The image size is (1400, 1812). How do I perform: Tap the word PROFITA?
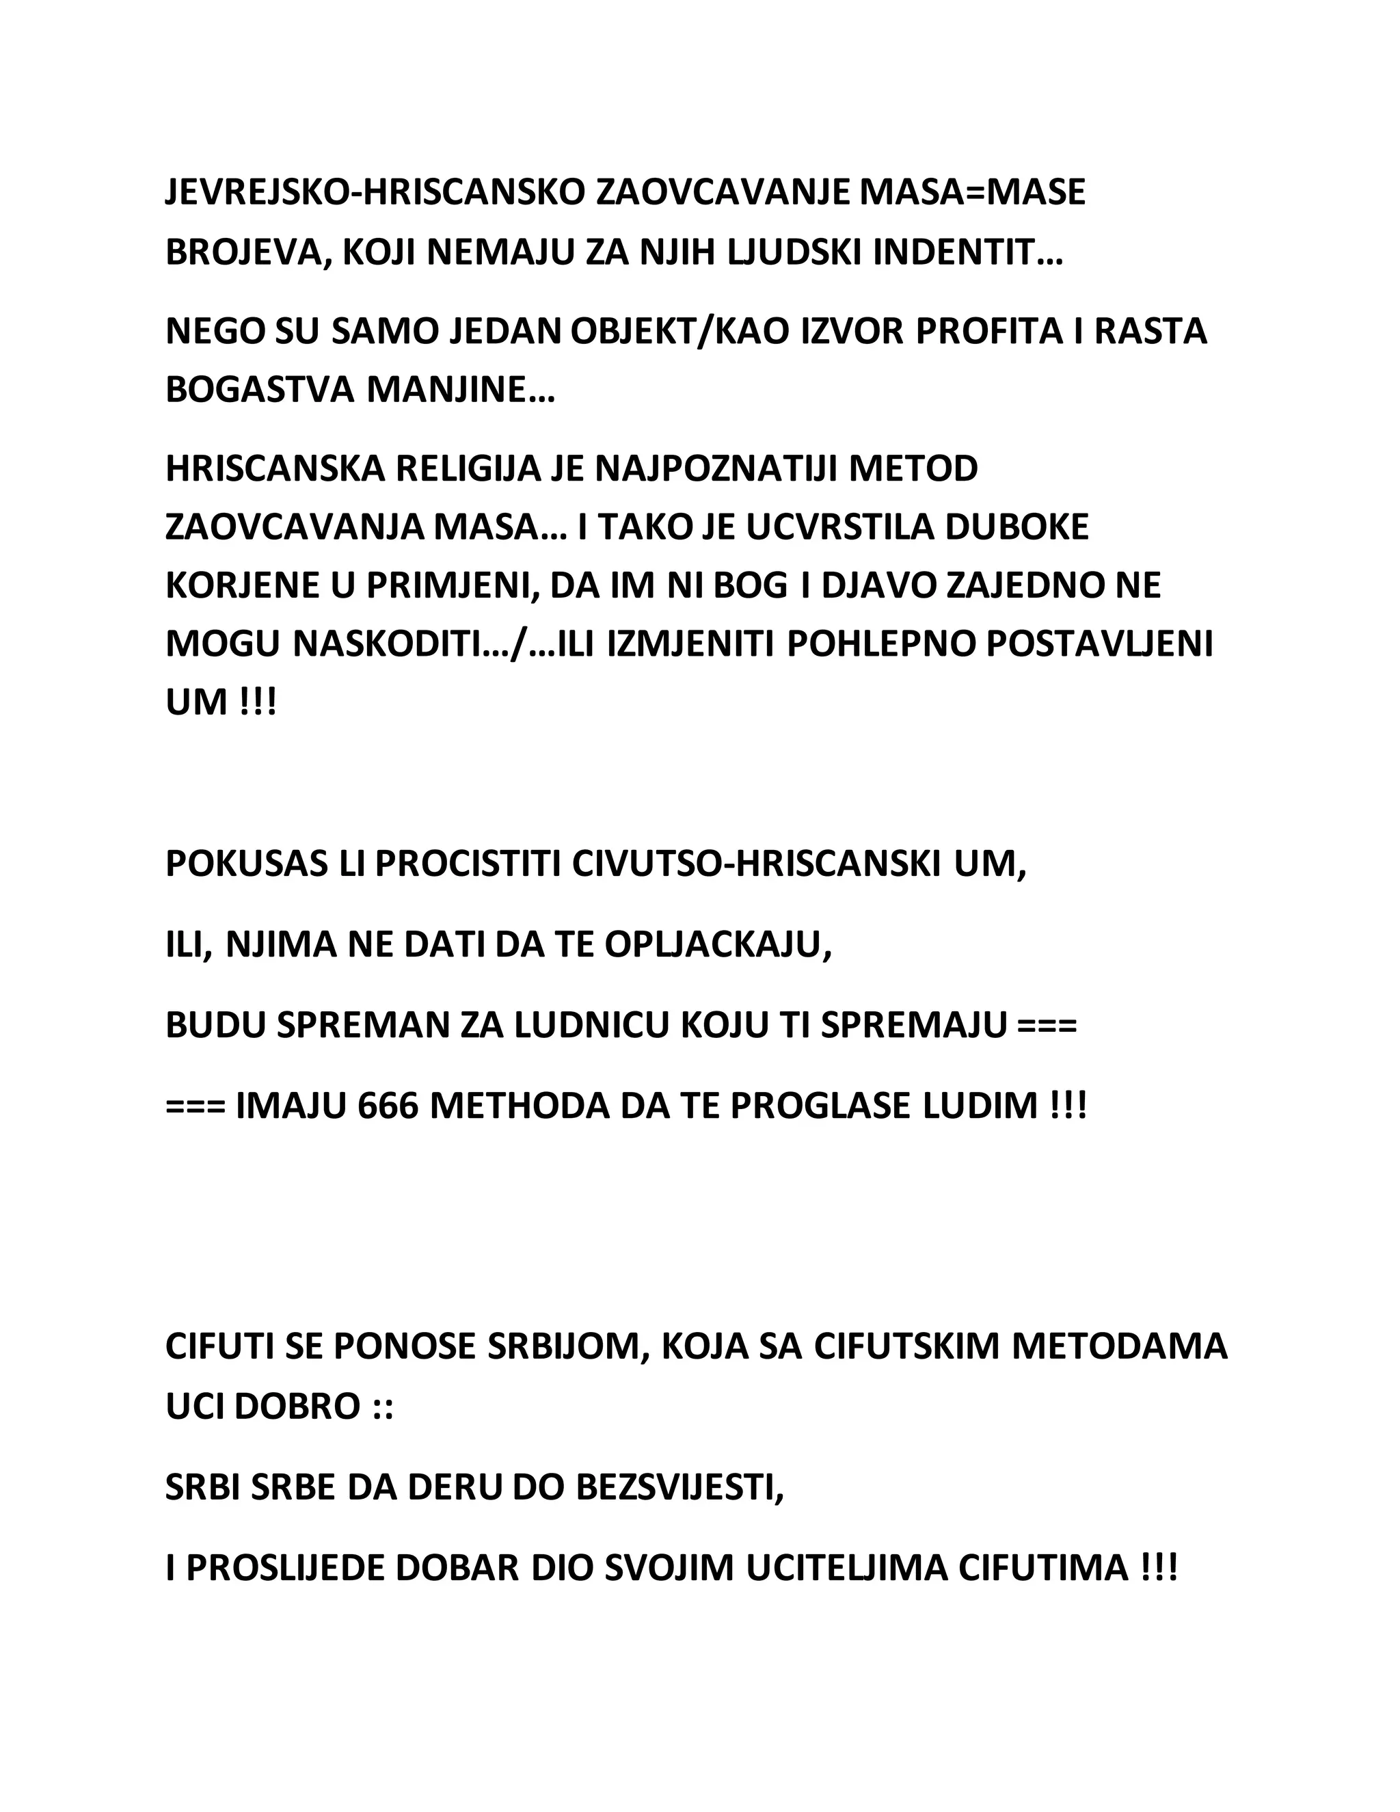[x=988, y=331]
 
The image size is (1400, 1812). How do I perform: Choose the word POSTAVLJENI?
[x=1099, y=645]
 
